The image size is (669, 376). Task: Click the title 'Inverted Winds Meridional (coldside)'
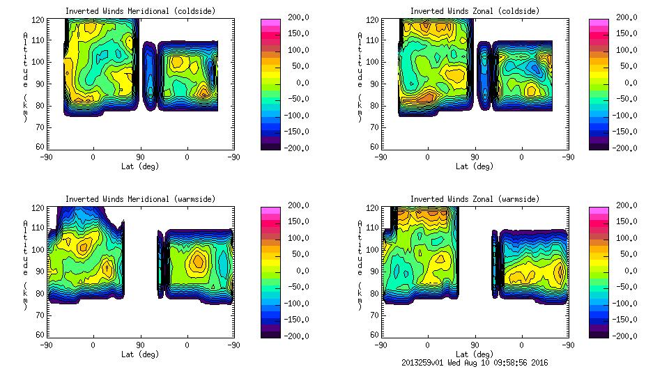tap(140, 11)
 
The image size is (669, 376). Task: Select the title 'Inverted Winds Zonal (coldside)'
tap(475, 11)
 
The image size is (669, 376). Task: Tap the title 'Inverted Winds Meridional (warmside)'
tap(140, 199)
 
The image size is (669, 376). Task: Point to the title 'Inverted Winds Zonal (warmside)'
tap(475, 199)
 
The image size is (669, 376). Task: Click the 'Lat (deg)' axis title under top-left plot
tap(140, 166)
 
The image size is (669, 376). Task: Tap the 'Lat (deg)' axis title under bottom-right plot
tap(475, 354)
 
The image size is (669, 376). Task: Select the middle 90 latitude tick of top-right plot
tap(475, 157)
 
